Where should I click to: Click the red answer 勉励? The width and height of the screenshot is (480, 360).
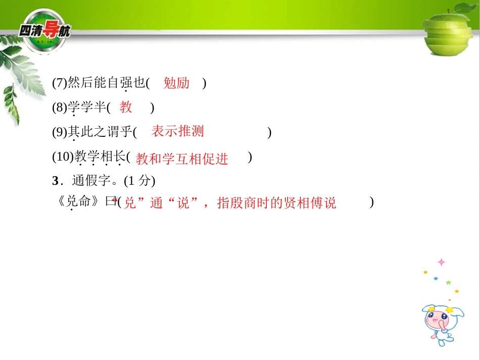[176, 83]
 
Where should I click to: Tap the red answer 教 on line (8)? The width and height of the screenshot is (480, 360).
[126, 107]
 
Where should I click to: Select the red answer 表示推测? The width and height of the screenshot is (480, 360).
[177, 131]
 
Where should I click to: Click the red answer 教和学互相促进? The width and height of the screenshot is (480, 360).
[182, 159]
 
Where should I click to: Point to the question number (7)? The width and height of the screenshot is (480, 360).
[59, 83]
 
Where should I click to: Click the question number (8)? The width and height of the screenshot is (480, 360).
[59, 108]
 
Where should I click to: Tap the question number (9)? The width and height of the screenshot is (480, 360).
[59, 132]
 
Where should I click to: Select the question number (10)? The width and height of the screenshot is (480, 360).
[62, 157]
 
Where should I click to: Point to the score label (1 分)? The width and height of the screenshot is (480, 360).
[139, 181]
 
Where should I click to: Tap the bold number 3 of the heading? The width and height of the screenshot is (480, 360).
[55, 181]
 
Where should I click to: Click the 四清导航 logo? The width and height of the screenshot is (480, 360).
[44, 30]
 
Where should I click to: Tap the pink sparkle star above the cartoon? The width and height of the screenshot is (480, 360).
[442, 262]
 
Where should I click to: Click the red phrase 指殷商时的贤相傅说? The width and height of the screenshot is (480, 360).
[276, 203]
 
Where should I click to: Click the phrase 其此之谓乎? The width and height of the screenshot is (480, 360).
[100, 132]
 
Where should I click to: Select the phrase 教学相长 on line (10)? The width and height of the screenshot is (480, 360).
[100, 157]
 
